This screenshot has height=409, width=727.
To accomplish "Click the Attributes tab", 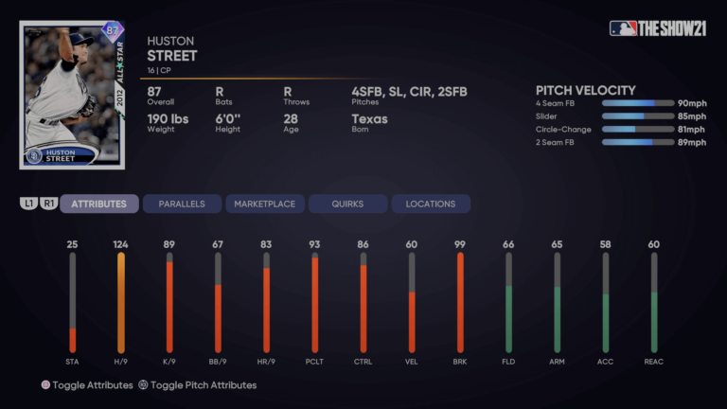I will [x=99, y=204].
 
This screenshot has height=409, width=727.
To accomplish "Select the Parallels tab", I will [x=182, y=204].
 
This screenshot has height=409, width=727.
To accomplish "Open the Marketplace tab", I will [x=264, y=204].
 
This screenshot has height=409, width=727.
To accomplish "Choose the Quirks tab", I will [x=347, y=204].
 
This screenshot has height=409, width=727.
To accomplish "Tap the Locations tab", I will [x=430, y=204].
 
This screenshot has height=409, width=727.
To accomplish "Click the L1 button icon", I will [x=29, y=204].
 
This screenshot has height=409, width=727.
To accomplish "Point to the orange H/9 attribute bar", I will [x=121, y=303].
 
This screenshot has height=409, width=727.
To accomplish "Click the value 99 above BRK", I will [x=460, y=244].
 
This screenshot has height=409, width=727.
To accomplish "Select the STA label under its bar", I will [x=72, y=362].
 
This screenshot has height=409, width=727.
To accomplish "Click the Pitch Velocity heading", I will [x=585, y=91].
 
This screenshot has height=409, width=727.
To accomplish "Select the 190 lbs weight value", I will [x=168, y=119].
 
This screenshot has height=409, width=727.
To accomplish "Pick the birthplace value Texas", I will [x=369, y=119].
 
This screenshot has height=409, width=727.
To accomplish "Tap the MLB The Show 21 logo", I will [x=659, y=28].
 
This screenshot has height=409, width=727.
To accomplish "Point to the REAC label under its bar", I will [x=653, y=362].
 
